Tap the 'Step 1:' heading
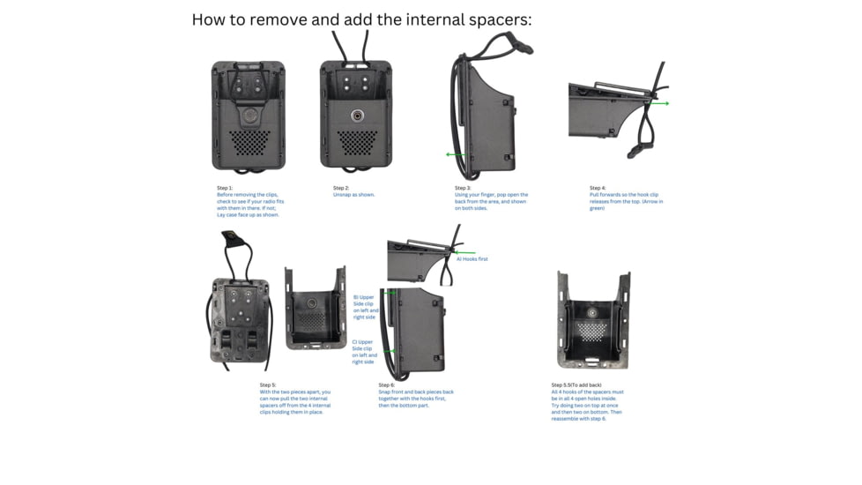tap(225, 188)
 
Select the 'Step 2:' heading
tap(341, 188)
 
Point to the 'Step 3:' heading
tap(463, 188)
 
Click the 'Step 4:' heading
tap(598, 188)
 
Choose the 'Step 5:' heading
tap(267, 385)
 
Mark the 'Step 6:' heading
tap(386, 385)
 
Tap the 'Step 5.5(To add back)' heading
tap(576, 385)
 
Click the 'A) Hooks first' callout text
tap(472, 259)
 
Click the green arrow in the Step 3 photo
tap(454, 154)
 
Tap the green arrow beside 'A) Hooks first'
tap(465, 251)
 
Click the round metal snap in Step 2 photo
tap(357, 116)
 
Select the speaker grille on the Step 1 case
tap(249, 141)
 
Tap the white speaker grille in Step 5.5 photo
tap(591, 331)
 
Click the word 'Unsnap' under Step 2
tap(342, 195)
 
